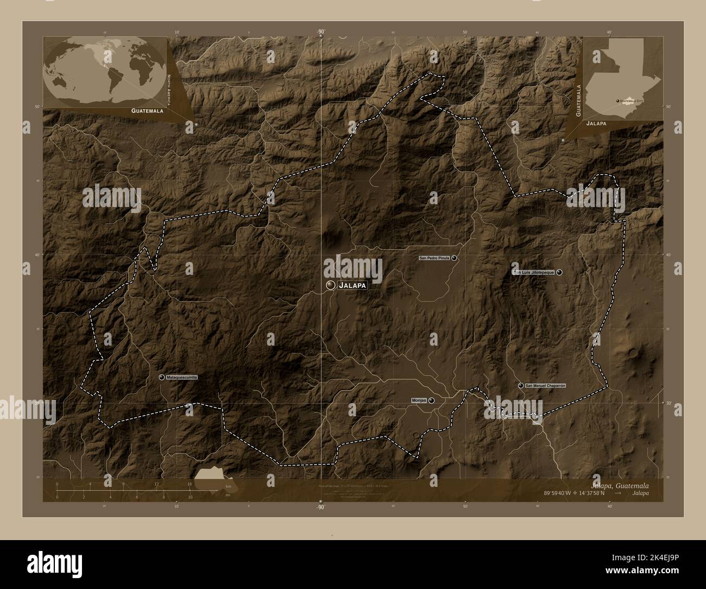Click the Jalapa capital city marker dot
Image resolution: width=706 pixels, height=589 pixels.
tap(330, 285)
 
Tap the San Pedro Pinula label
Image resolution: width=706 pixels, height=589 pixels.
tap(434, 258)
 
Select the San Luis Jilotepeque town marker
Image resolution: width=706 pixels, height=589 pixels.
tap(559, 272)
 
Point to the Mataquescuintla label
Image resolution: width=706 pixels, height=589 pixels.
tap(182, 377)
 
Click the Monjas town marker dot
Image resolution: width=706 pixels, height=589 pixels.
tap(431, 400)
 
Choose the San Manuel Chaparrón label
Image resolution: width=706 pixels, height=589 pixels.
tap(545, 385)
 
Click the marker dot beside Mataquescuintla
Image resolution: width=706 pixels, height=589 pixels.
tap(162, 377)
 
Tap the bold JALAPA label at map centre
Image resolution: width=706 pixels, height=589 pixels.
tap(352, 285)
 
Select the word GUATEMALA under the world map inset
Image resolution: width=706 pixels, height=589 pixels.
tap(147, 110)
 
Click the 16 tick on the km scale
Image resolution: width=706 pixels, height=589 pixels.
tap(190, 484)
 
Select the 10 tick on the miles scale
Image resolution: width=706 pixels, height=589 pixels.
tap(190, 497)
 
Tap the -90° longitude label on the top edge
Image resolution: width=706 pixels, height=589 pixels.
tap(320, 32)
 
